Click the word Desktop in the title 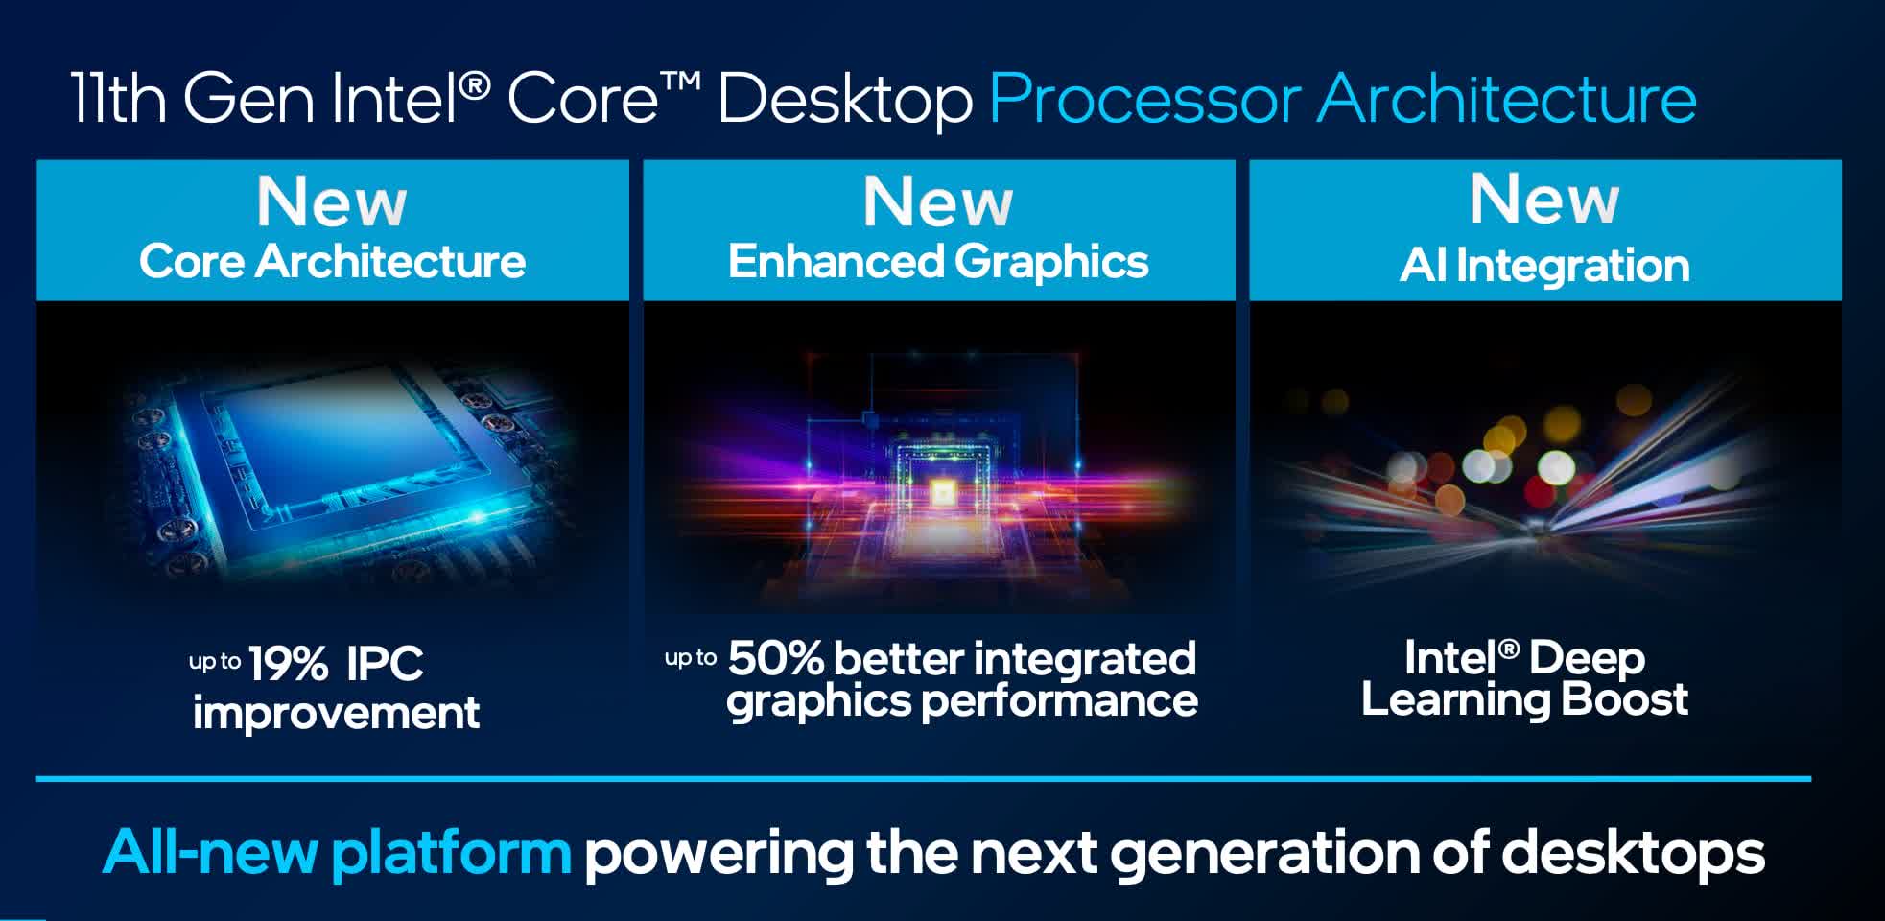(x=845, y=100)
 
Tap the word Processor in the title (x=1144, y=100)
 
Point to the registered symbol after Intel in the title (x=475, y=85)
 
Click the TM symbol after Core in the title (x=680, y=83)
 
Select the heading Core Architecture (x=332, y=261)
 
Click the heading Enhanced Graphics (x=938, y=262)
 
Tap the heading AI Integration (x=1544, y=265)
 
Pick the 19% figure (x=288, y=664)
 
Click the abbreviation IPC (x=384, y=664)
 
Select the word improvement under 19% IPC (x=336, y=713)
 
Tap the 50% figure (x=776, y=659)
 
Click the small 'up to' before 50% (x=691, y=658)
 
